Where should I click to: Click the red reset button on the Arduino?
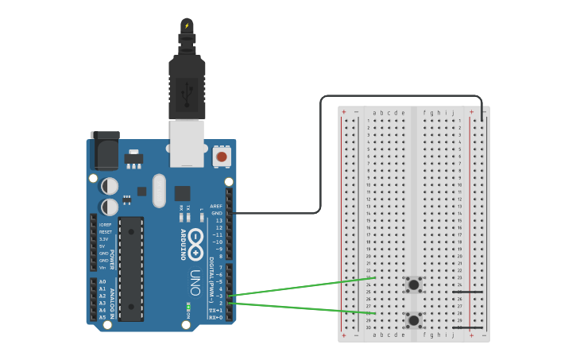(222, 157)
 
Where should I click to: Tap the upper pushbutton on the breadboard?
(413, 284)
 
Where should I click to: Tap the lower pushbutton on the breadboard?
(413, 320)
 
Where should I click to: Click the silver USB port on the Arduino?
(187, 143)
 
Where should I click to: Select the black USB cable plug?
(187, 87)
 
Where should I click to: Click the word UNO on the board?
(195, 282)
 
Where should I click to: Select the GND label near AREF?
(216, 213)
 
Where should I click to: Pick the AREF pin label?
(215, 206)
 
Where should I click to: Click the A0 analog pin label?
(102, 282)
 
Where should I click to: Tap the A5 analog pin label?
(102, 317)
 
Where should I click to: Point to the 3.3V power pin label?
(104, 238)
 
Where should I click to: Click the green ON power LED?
(188, 308)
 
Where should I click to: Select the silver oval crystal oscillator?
(159, 191)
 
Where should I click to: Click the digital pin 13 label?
(218, 220)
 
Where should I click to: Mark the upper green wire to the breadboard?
(302, 286)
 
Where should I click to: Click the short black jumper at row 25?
(467, 292)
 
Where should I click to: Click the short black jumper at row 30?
(467, 327)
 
